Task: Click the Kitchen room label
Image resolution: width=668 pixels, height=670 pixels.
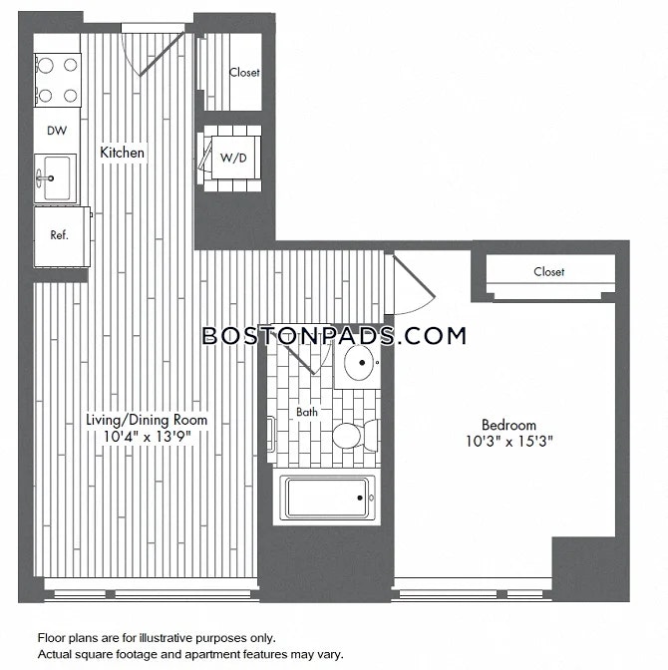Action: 122,153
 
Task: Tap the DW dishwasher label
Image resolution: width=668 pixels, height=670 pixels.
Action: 57,131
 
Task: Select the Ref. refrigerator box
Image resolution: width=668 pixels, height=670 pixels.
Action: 62,237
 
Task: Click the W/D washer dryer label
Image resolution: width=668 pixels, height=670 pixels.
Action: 233,158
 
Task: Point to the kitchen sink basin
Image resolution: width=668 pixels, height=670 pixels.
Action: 57,177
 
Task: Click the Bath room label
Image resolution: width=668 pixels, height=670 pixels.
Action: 307,412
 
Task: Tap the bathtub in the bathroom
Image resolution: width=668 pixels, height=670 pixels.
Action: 327,498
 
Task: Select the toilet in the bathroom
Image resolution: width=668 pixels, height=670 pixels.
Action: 356,435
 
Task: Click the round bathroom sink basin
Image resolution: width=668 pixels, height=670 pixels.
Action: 358,362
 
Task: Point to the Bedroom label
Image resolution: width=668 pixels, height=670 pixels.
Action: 508,425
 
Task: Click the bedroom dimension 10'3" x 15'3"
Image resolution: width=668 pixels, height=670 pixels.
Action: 509,441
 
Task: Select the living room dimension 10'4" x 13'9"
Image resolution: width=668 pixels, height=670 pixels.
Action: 147,437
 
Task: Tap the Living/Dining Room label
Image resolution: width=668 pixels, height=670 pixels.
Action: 147,420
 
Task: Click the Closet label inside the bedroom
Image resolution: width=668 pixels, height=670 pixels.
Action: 548,271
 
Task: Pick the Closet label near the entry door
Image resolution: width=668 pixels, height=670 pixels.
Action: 244,72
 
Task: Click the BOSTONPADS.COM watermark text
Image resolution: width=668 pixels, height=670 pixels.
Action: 334,335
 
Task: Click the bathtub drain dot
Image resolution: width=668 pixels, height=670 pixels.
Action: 360,498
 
